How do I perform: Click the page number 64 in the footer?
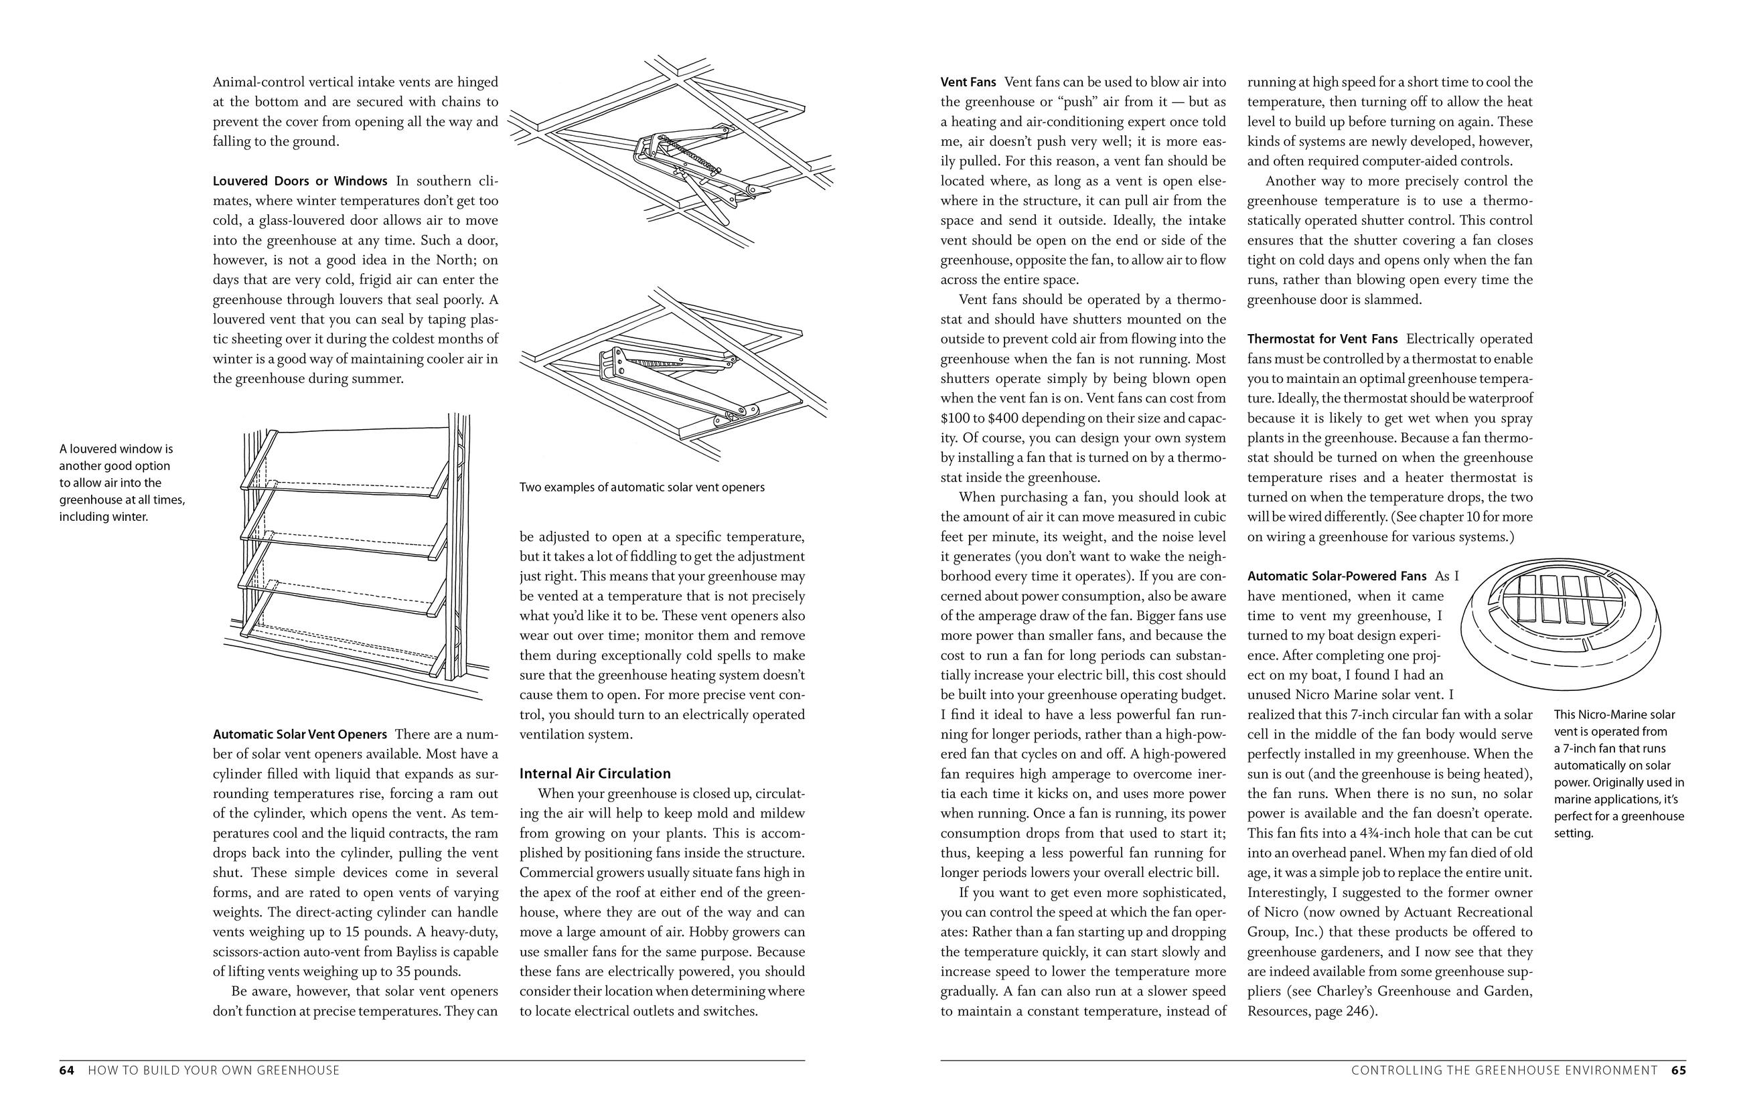[x=66, y=1070]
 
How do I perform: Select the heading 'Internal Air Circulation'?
[x=595, y=773]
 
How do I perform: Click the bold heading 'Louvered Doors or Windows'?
[x=300, y=181]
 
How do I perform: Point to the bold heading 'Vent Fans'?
[x=968, y=82]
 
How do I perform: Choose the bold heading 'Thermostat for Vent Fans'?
[x=1322, y=339]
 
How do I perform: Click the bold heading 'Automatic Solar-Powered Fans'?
[x=1337, y=576]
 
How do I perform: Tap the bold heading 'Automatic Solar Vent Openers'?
[x=300, y=734]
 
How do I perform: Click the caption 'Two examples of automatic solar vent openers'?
[x=641, y=487]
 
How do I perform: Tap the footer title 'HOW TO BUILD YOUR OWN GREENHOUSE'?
[x=214, y=1070]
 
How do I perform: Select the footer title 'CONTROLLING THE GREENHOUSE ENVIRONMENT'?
[x=1504, y=1070]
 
